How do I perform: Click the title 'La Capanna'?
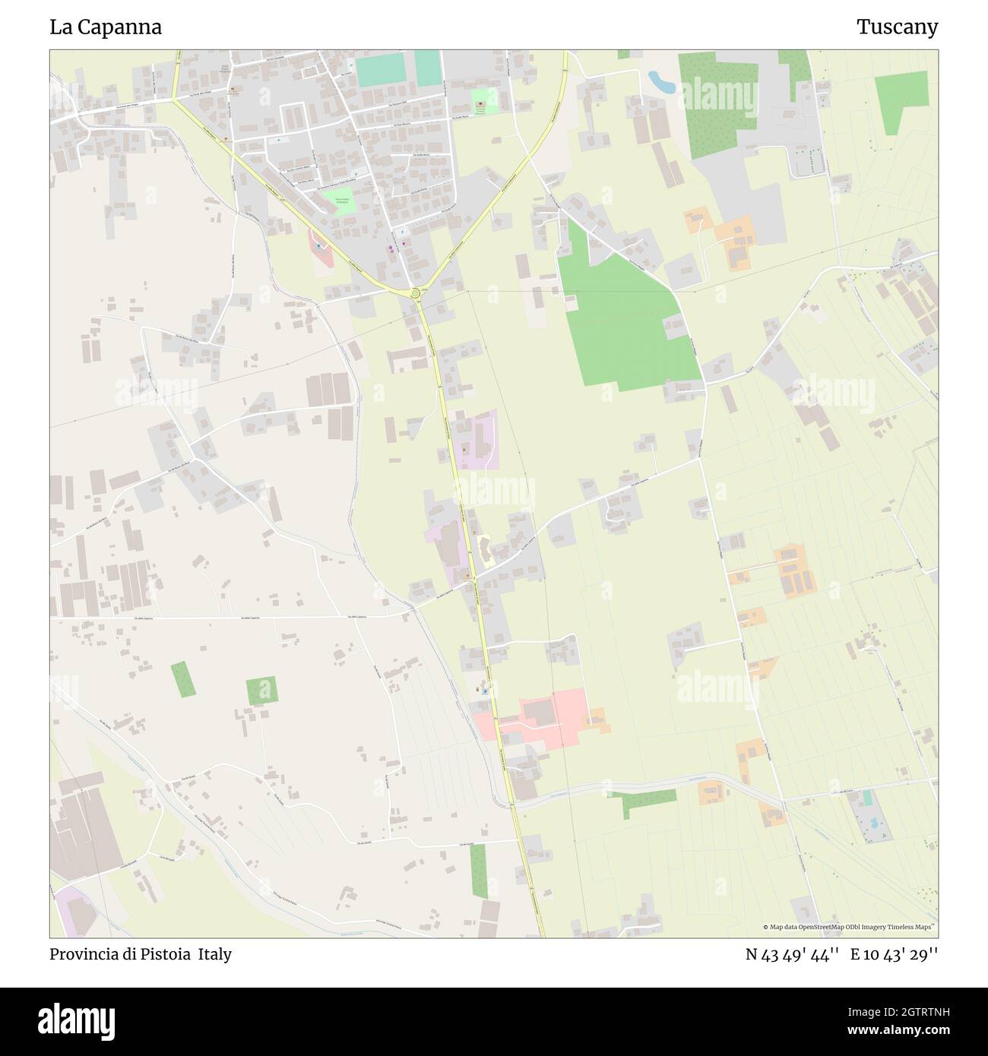(x=106, y=27)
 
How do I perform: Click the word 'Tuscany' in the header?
(x=897, y=27)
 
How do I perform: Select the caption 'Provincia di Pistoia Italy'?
(x=141, y=954)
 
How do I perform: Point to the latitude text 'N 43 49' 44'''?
(x=792, y=954)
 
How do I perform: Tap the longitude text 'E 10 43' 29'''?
(x=894, y=954)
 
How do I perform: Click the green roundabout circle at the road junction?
(x=415, y=292)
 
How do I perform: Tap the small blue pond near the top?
(x=660, y=81)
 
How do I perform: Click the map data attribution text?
(x=850, y=927)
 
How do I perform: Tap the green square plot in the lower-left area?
(x=261, y=691)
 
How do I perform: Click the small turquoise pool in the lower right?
(x=867, y=799)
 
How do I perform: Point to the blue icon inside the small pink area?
(x=318, y=246)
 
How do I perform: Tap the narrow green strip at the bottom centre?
(x=478, y=870)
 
